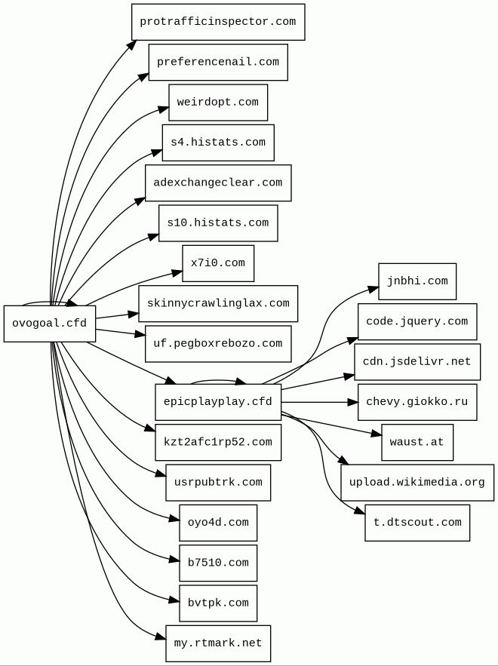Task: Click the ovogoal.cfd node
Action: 50,324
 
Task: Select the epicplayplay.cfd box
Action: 218,402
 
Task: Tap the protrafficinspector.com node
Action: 218,22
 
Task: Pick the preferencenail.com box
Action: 218,62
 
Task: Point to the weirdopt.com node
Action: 218,103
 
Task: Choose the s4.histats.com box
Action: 218,143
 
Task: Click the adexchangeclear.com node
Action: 218,183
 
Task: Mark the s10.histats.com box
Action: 218,223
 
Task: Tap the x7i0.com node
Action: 218,263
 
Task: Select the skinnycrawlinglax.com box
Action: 218,303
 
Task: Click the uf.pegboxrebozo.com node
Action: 218,344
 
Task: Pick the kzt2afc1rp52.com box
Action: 218,442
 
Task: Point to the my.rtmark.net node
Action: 218,643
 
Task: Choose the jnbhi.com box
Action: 417,281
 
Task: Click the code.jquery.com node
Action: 417,321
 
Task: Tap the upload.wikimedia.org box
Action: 417,483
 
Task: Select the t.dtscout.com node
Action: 417,523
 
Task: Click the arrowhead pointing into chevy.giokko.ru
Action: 353,402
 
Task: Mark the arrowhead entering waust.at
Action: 377,434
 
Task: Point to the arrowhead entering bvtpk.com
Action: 174,601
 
